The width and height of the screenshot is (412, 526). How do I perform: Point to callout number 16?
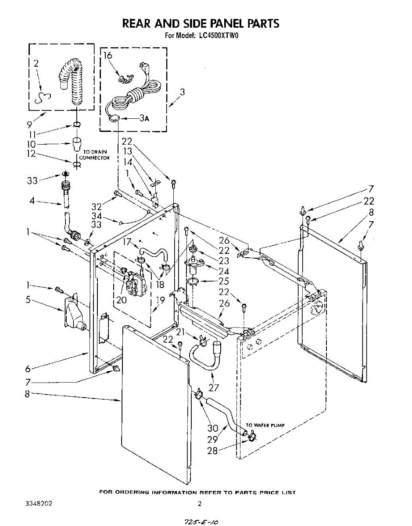[x=108, y=55]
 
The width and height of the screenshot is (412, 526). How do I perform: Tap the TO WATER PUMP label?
[x=265, y=425]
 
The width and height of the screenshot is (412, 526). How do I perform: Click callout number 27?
[x=215, y=387]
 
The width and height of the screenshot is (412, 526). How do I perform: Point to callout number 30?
[x=213, y=428]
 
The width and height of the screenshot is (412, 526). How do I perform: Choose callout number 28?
[x=213, y=450]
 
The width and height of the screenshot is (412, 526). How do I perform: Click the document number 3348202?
[x=39, y=504]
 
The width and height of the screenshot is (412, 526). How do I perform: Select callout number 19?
[x=161, y=301]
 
